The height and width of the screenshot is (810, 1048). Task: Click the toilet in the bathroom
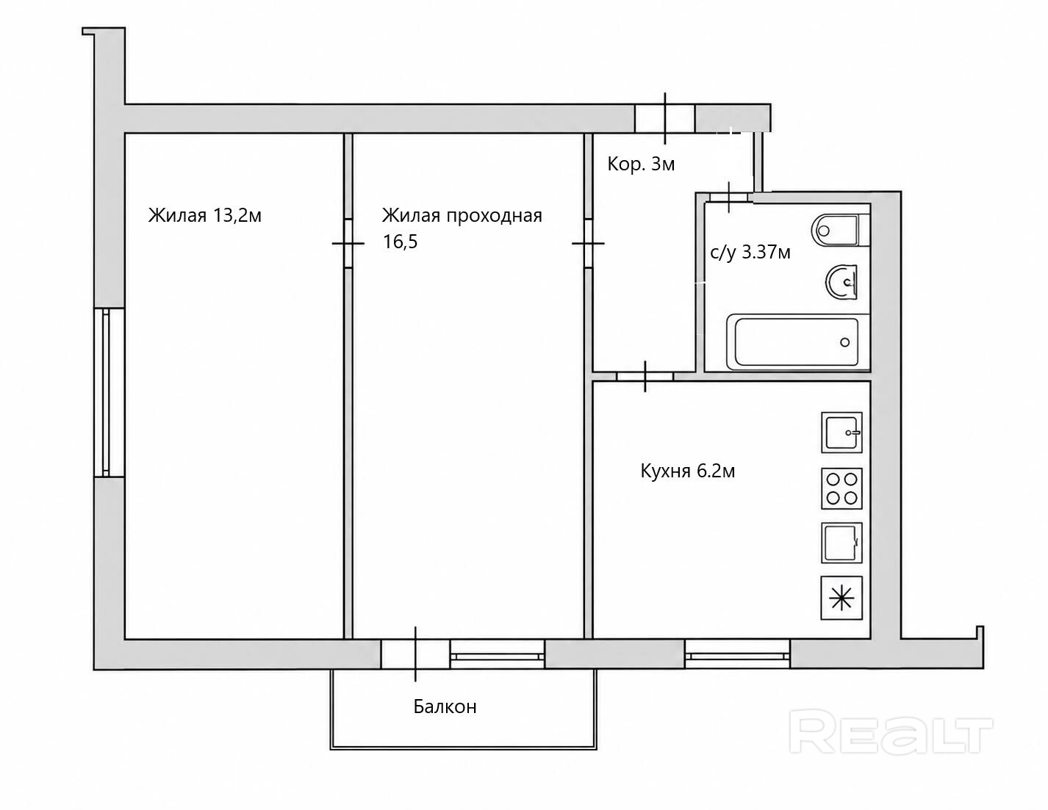tap(840, 231)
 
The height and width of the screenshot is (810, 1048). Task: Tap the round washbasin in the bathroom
tap(842, 282)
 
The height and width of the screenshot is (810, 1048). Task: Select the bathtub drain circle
tap(844, 342)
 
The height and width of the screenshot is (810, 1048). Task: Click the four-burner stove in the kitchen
tap(841, 488)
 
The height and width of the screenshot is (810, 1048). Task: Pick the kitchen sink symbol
tap(841, 433)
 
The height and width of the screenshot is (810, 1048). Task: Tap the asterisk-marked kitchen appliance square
tap(841, 598)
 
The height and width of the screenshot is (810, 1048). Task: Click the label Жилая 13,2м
tap(204, 215)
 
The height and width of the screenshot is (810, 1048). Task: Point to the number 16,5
tap(400, 242)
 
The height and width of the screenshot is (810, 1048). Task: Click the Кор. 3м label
tap(641, 164)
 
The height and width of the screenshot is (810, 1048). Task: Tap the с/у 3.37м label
tap(750, 253)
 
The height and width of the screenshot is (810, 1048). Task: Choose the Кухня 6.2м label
tap(688, 471)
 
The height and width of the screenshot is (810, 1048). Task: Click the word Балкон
tap(445, 707)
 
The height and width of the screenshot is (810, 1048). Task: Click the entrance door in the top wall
tap(665, 118)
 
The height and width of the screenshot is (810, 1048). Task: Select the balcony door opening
tap(416, 654)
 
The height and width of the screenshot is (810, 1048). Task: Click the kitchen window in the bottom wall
tap(737, 654)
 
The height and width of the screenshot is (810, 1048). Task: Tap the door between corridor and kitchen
tap(645, 376)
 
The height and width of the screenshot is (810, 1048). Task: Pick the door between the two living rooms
tap(348, 244)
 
